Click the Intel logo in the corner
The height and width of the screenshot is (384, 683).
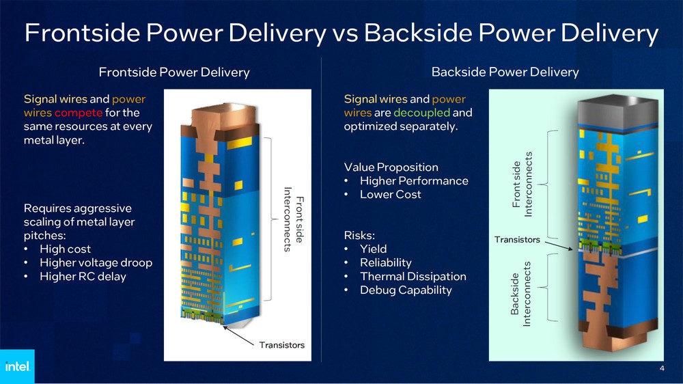pyautogui.click(x=16, y=367)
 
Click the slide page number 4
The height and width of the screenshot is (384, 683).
pyautogui.click(x=662, y=369)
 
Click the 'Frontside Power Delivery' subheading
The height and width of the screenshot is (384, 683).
pyautogui.click(x=174, y=72)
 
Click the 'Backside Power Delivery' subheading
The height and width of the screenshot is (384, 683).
pyautogui.click(x=505, y=72)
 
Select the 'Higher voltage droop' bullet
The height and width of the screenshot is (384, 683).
pyautogui.click(x=96, y=262)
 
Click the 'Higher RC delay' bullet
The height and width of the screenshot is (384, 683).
pyautogui.click(x=83, y=276)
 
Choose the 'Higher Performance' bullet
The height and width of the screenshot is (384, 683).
pyautogui.click(x=414, y=180)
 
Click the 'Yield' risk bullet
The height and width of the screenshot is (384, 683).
pyautogui.click(x=374, y=249)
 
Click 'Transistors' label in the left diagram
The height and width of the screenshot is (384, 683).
pyautogui.click(x=281, y=344)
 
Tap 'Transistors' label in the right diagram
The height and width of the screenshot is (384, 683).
pyautogui.click(x=517, y=240)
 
